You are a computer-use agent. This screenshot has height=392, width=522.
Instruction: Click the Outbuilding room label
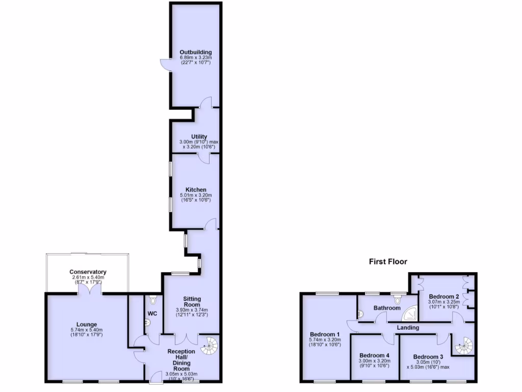(x=195, y=52)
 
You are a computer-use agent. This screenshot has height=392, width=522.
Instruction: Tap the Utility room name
(x=198, y=136)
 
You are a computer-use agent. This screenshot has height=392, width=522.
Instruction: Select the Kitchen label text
(x=196, y=190)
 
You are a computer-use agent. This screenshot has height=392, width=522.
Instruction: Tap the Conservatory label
(x=88, y=272)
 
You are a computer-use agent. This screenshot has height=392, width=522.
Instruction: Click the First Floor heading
(x=388, y=262)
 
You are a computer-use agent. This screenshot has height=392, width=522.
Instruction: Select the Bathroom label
(x=386, y=308)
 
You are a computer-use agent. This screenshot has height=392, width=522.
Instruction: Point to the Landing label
(x=408, y=328)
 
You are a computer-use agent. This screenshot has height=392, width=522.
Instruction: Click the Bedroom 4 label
(x=375, y=355)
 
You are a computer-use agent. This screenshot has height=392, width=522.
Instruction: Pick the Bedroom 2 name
(x=444, y=296)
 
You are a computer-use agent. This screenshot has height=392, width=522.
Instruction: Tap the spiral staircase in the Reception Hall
(x=210, y=347)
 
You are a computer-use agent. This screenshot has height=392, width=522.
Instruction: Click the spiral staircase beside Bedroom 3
(x=464, y=347)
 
